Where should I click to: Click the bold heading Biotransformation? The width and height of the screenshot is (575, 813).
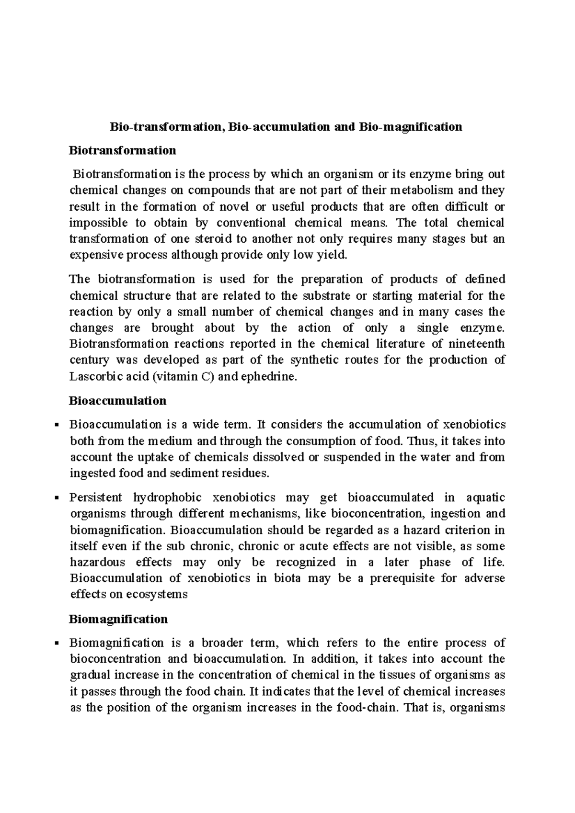[x=123, y=151]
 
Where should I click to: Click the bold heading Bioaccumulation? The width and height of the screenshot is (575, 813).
[x=118, y=401]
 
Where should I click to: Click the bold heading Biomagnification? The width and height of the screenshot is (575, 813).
[x=118, y=619]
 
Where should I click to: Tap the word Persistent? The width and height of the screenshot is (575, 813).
[x=95, y=498]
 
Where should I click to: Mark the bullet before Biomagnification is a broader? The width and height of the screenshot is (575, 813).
[x=57, y=643]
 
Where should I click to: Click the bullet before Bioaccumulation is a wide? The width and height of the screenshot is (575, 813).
[x=57, y=425]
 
